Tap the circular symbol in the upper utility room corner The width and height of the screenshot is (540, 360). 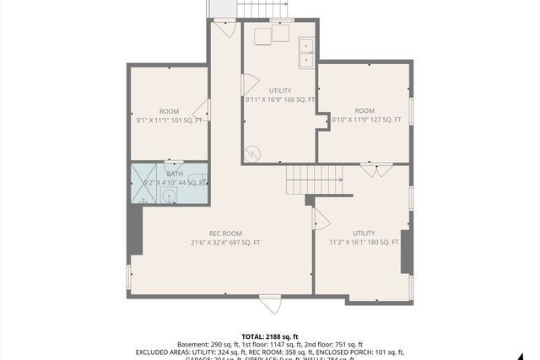tap(252, 154)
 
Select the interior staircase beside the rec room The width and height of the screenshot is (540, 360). tap(316, 180)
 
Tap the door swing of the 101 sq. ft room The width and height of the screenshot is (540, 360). tap(201, 110)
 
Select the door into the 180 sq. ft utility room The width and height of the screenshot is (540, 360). tap(320, 219)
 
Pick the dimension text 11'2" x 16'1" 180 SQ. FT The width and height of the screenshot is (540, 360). tap(364, 242)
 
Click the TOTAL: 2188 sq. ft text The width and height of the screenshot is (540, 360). tap(270, 335)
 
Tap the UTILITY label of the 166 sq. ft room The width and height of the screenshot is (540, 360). tap(280, 90)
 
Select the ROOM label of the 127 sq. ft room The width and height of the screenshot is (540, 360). tap(364, 111)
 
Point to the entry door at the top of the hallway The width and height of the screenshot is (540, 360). tap(222, 28)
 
